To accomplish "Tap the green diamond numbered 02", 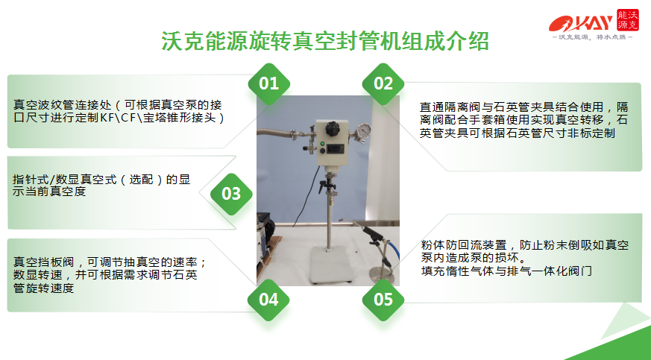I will click(383, 83).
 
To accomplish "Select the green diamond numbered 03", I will click(230, 195).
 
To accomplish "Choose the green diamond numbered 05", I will click(383, 300).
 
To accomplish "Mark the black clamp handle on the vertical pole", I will click(326, 184).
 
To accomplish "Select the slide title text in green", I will click(325, 40).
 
